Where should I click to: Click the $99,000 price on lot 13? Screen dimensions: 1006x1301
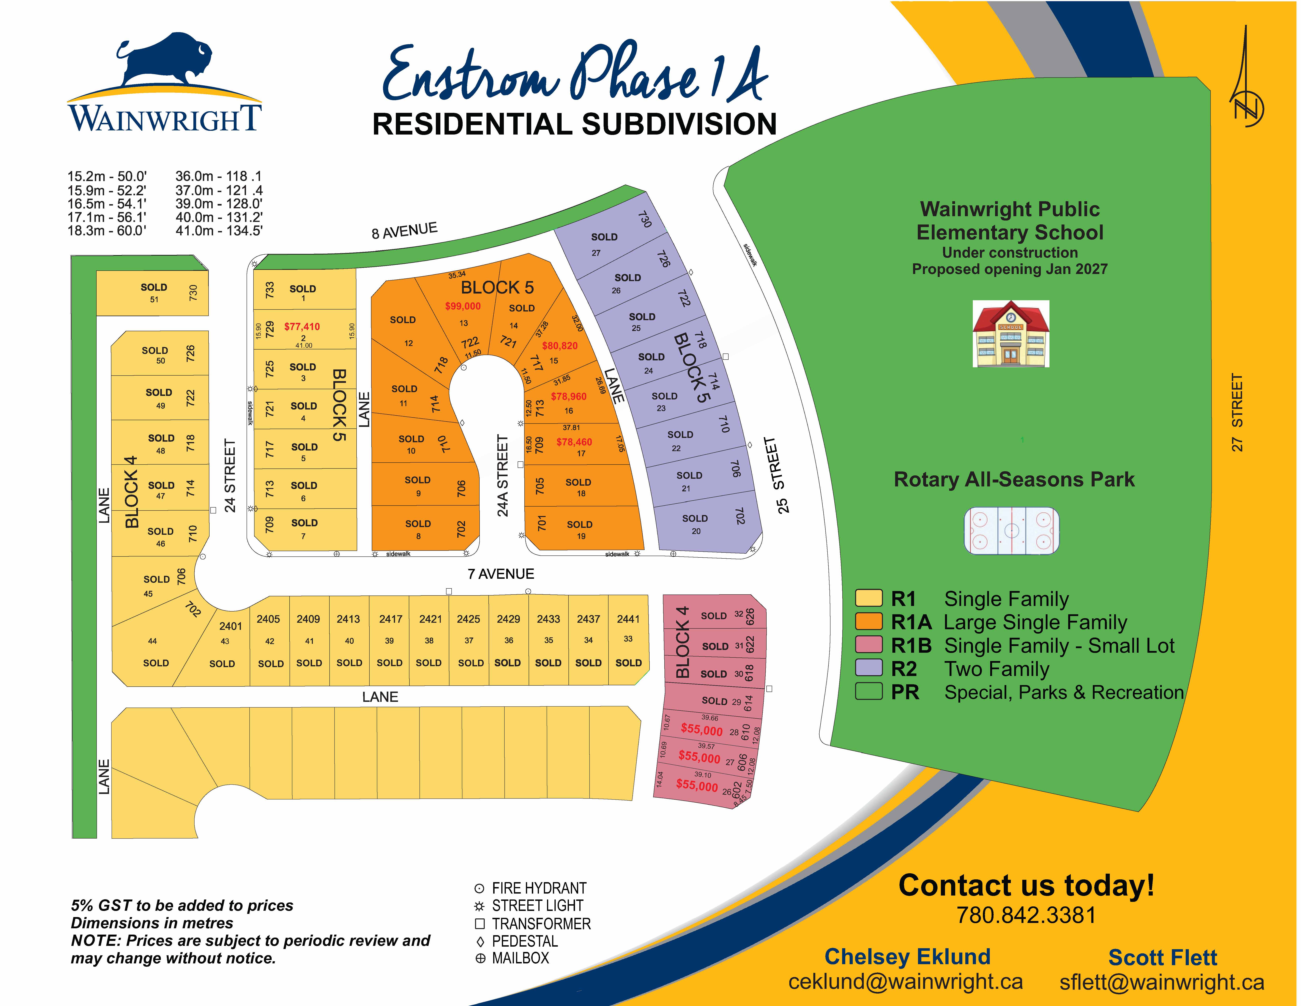pyautogui.click(x=463, y=306)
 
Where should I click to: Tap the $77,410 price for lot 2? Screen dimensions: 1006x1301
pyautogui.click(x=302, y=327)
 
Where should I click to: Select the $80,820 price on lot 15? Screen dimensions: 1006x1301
pyautogui.click(x=559, y=346)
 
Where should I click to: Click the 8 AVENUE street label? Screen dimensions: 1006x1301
pyautogui.click(x=404, y=231)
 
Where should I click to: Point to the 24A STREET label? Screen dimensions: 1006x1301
pyautogui.click(x=503, y=476)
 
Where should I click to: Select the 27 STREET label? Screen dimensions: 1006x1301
pyautogui.click(x=1237, y=412)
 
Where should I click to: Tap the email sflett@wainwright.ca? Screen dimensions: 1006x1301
pyautogui.click(x=1162, y=982)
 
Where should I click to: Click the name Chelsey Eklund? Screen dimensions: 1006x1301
pyautogui.click(x=907, y=956)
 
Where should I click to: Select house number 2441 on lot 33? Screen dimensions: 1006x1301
pyautogui.click(x=628, y=619)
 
